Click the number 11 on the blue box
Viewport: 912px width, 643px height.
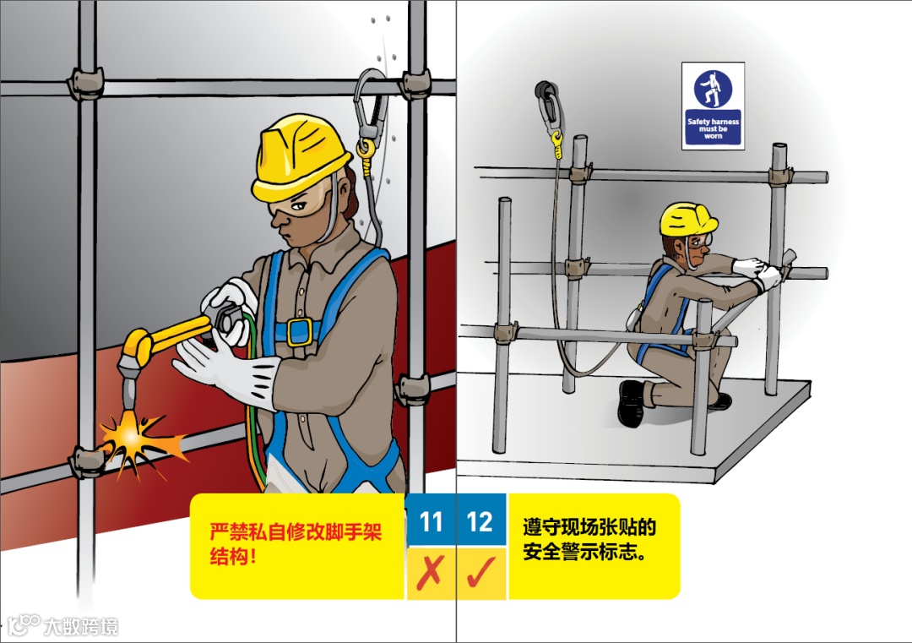click(x=431, y=521)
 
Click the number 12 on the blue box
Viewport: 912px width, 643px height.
click(x=480, y=521)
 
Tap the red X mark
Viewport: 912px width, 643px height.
click(x=431, y=573)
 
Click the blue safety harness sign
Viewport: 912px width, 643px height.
click(x=713, y=106)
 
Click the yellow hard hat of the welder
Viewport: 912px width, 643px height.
click(x=300, y=156)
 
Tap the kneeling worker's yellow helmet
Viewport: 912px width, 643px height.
click(x=688, y=219)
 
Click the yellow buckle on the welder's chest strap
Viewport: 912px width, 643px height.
click(x=300, y=332)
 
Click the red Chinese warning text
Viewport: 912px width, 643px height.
click(x=296, y=543)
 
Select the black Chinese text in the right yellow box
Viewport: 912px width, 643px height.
click(x=589, y=539)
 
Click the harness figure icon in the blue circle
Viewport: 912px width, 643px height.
click(x=713, y=89)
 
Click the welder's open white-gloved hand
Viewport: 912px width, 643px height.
click(x=224, y=368)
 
